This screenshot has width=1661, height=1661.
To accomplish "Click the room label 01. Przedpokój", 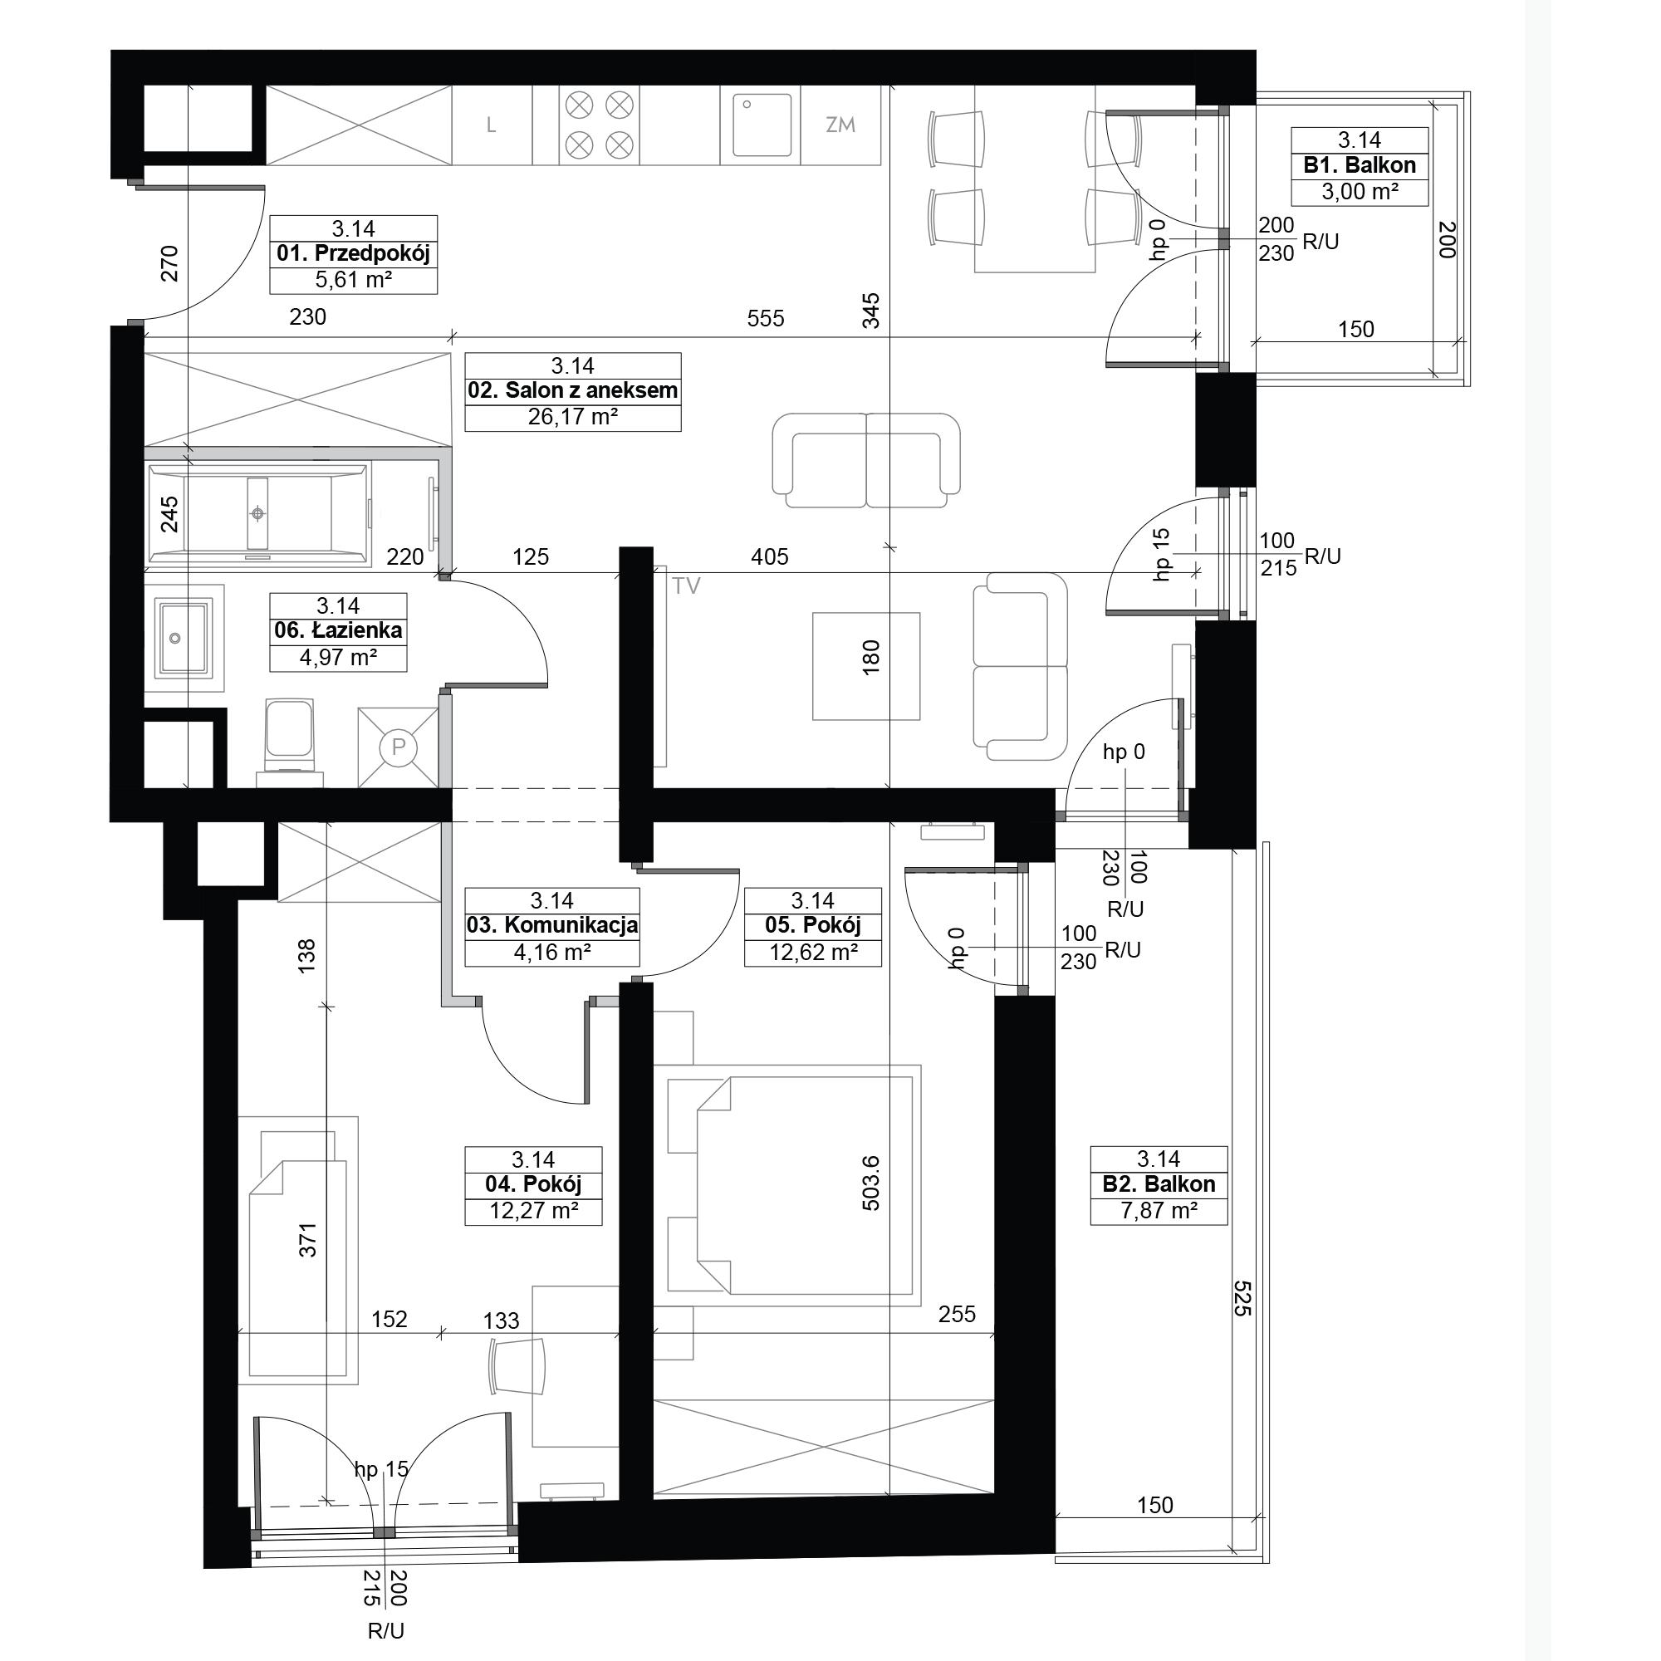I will click(x=353, y=253).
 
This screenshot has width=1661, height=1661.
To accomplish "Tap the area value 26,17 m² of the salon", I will click(x=572, y=417).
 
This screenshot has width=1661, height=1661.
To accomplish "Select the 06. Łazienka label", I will click(x=338, y=630).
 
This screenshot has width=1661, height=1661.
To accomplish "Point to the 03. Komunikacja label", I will click(x=552, y=925).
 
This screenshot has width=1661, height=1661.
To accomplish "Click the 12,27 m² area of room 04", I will click(x=533, y=1211).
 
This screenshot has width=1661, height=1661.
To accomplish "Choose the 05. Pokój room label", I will click(x=812, y=925).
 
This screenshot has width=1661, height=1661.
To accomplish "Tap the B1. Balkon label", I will click(x=1360, y=165).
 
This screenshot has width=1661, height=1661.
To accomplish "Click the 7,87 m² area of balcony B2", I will click(x=1158, y=1211).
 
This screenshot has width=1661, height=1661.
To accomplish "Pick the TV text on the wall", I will click(x=686, y=586).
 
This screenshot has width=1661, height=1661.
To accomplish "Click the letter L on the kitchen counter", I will click(x=491, y=125).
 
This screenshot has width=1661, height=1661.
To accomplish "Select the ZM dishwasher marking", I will click(x=840, y=125).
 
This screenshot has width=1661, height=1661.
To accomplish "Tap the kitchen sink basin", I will click(x=761, y=125).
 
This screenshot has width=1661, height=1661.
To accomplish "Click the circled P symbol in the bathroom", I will click(x=398, y=747).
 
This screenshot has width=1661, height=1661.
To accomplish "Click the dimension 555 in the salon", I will click(x=765, y=319).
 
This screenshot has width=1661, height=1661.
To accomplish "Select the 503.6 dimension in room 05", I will click(x=871, y=1183).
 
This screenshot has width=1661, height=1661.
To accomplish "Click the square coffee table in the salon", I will click(x=865, y=666).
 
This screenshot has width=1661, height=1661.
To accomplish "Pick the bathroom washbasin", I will click(x=182, y=638).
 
